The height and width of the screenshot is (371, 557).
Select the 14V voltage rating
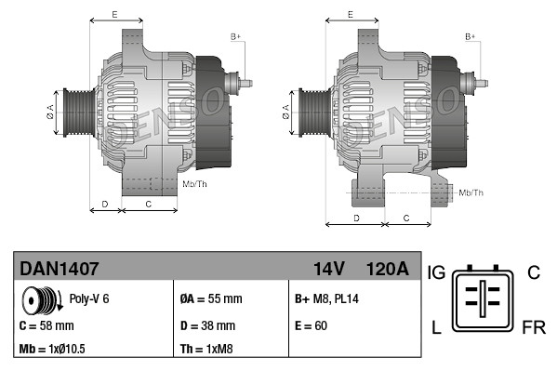click(x=329, y=269)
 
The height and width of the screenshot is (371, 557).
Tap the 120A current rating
click(x=387, y=269)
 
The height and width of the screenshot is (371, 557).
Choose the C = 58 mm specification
click(x=46, y=326)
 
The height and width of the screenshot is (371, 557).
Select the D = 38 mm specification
click(x=207, y=326)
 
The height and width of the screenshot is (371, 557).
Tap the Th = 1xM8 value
click(x=206, y=351)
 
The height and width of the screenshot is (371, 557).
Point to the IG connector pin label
click(x=437, y=272)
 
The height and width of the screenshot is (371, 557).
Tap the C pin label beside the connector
click(x=533, y=272)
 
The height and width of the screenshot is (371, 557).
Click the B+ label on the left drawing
click(x=235, y=36)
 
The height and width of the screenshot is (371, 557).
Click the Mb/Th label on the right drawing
click(x=471, y=192)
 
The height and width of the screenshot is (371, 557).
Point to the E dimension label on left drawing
click(x=114, y=14)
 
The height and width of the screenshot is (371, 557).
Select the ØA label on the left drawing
click(x=50, y=112)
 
